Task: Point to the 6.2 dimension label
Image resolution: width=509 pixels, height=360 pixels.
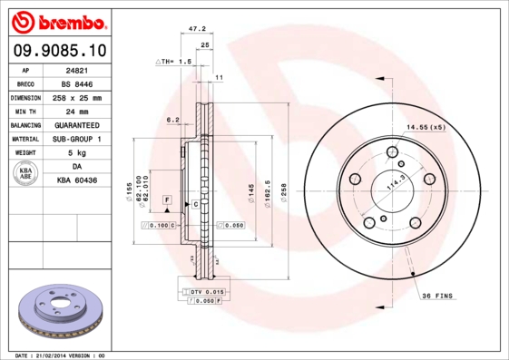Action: (x=172, y=119)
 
